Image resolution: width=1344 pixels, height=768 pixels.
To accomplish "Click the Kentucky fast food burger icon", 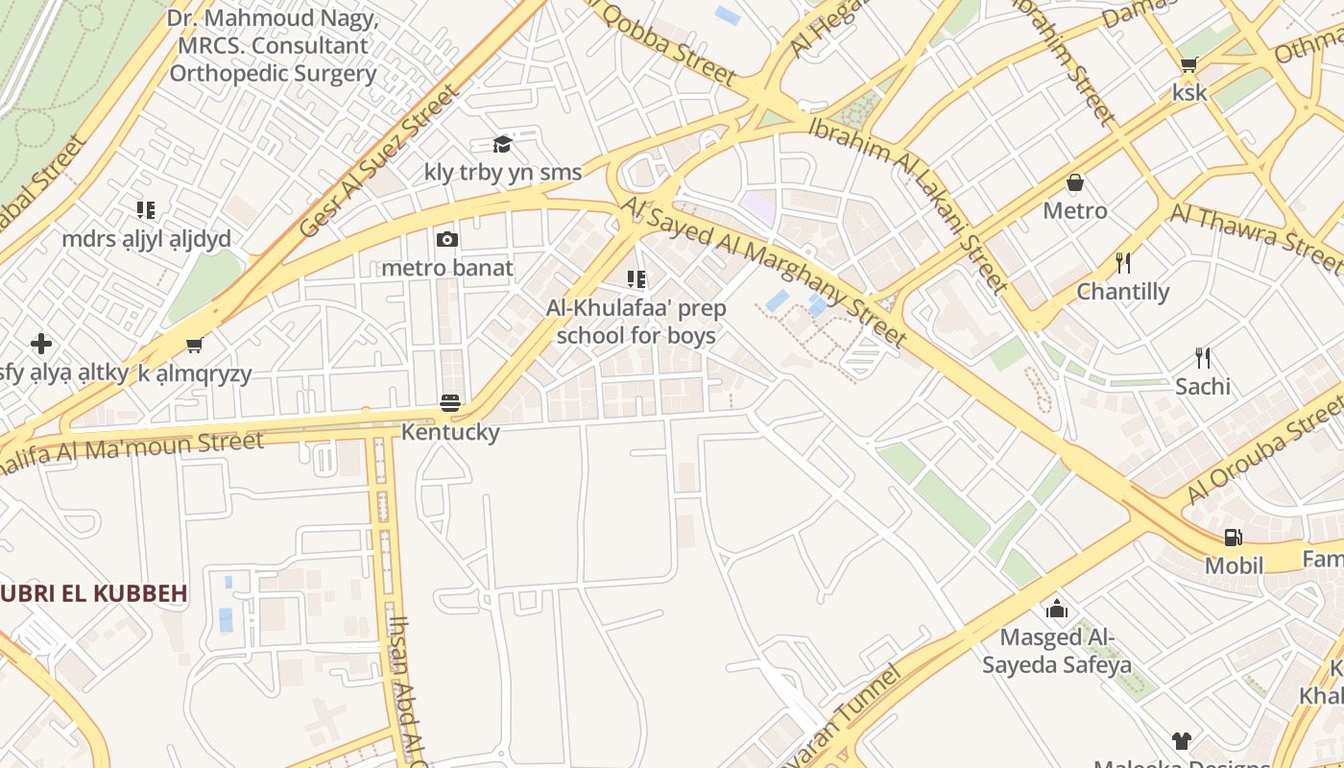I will click(450, 403).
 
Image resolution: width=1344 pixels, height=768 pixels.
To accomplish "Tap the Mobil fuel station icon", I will click(1233, 538).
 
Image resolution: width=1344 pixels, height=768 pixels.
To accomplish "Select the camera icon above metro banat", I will click(446, 239).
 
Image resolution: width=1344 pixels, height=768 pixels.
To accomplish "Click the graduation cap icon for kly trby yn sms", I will click(502, 144).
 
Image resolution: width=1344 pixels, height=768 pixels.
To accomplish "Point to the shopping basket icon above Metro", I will click(1075, 182).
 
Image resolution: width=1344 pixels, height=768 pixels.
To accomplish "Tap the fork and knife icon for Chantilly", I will click(1123, 262).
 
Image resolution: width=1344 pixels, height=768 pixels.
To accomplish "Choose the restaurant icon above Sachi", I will click(1202, 358).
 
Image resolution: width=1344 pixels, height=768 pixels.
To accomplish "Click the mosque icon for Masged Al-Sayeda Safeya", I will click(1056, 608).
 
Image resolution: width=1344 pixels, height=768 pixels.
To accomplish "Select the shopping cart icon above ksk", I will click(1188, 65).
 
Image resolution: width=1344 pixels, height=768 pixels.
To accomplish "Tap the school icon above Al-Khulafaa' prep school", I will click(636, 279).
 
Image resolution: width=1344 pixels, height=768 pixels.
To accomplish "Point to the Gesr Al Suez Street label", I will click(380, 161).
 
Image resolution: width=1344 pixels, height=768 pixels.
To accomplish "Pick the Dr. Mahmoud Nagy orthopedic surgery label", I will click(273, 45).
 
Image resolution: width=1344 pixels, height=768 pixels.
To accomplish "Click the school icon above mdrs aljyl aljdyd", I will click(145, 209).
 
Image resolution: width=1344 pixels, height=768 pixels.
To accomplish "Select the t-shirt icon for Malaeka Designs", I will click(1181, 740).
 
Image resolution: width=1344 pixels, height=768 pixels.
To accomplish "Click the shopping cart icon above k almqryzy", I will click(195, 346).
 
